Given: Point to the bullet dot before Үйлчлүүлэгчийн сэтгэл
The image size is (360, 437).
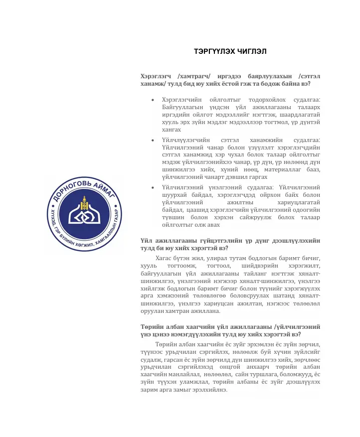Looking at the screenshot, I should click(152, 141).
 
